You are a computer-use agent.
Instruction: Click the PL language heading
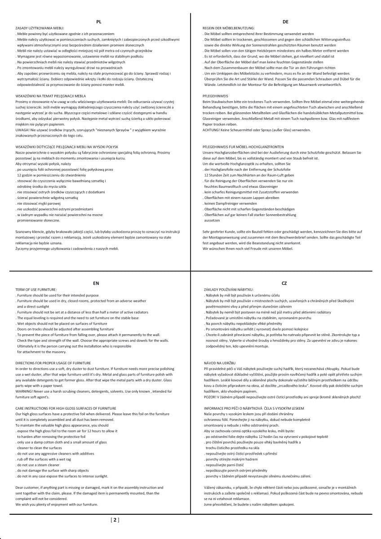[99, 22]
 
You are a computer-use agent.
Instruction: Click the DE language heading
[285, 22]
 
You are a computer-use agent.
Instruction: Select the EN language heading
[96, 283]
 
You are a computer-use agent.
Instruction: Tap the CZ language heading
[284, 283]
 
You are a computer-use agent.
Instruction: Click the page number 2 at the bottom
[115, 520]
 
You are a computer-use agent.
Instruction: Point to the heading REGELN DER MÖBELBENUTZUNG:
[229, 28]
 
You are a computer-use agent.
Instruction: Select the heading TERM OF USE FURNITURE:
[36, 290]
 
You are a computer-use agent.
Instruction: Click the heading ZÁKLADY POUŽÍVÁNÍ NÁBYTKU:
[229, 290]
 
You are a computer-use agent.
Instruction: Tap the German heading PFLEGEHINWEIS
[216, 96]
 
